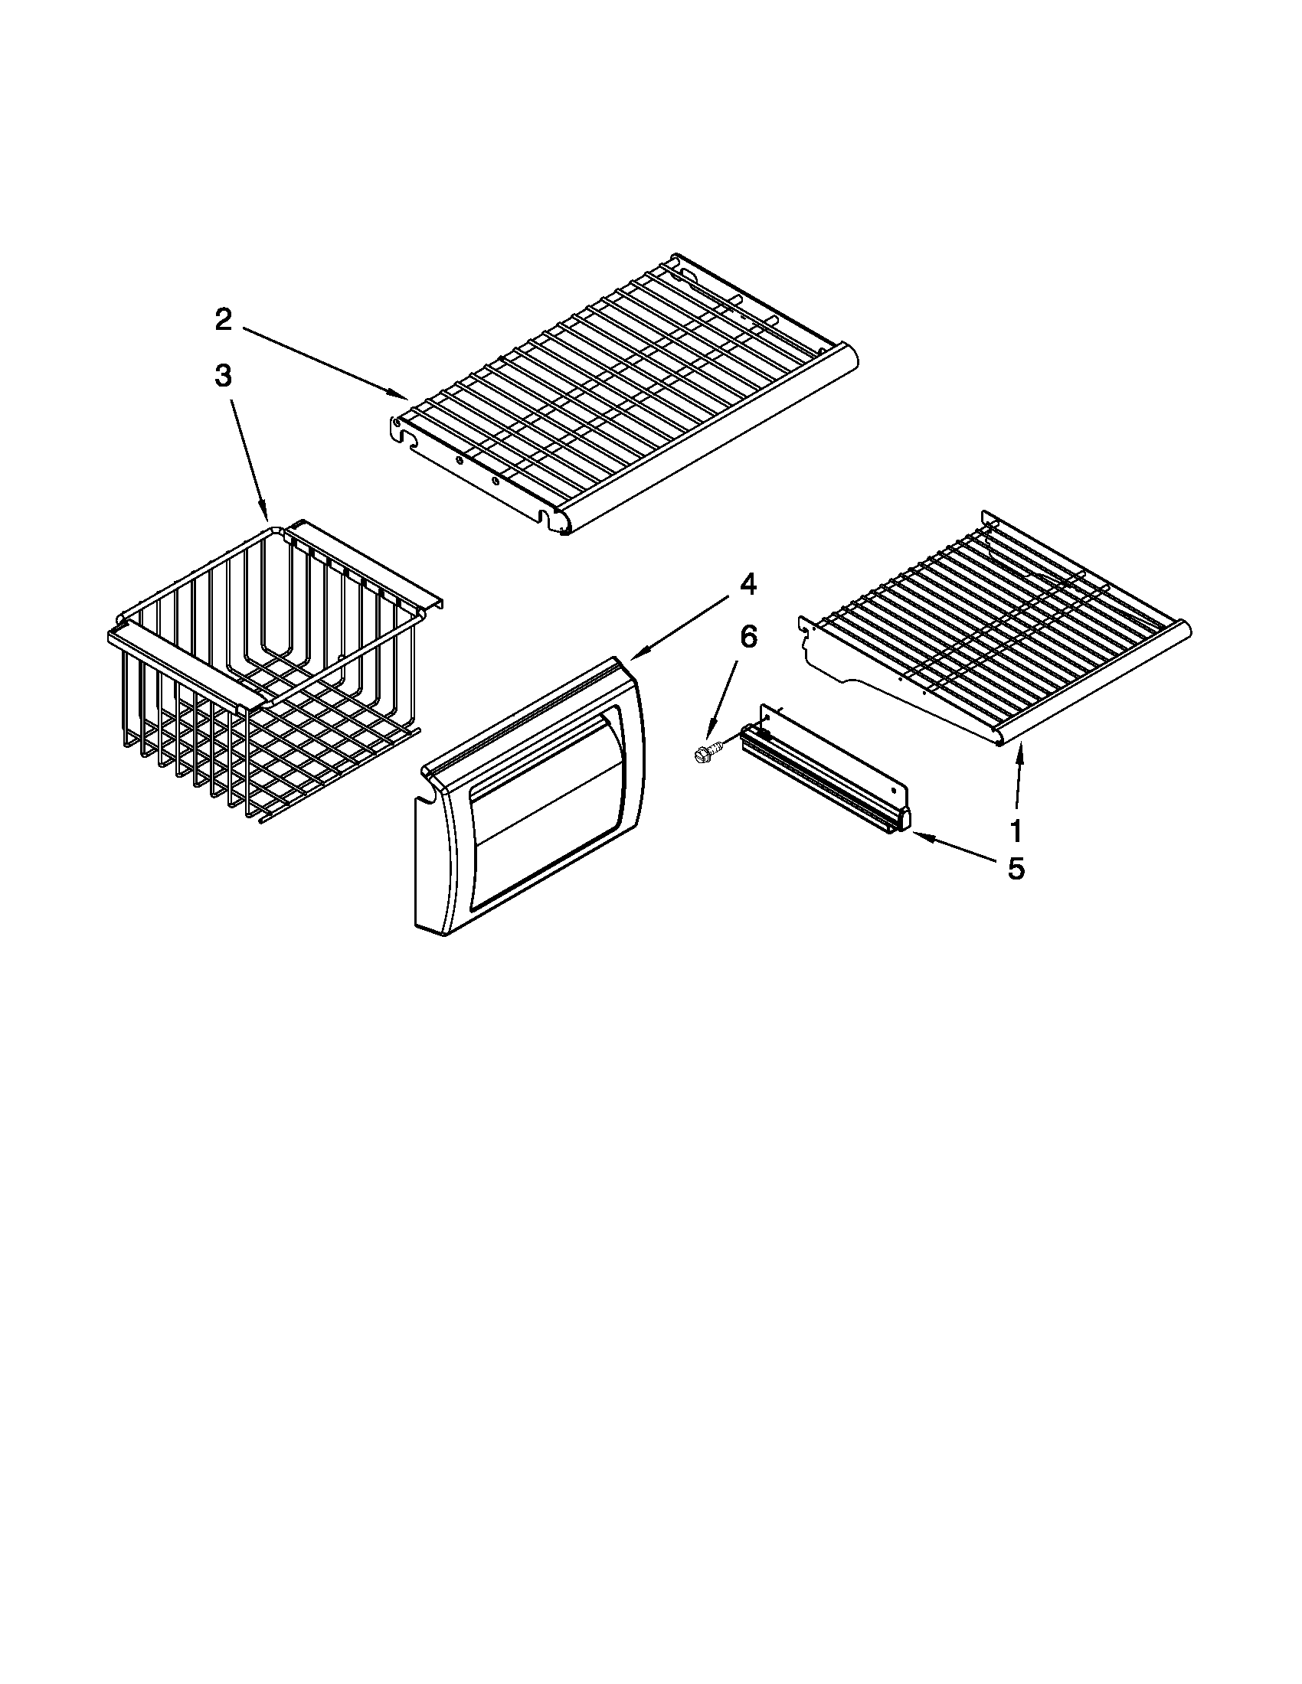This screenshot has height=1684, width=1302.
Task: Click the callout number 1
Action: point(1016,831)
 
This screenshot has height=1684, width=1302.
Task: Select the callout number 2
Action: point(223,319)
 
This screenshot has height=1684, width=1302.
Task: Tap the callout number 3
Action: point(223,377)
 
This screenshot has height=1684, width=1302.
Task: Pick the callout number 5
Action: point(1016,869)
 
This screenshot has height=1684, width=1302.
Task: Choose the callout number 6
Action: point(748,637)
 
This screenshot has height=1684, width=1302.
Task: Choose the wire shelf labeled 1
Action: point(995,632)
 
